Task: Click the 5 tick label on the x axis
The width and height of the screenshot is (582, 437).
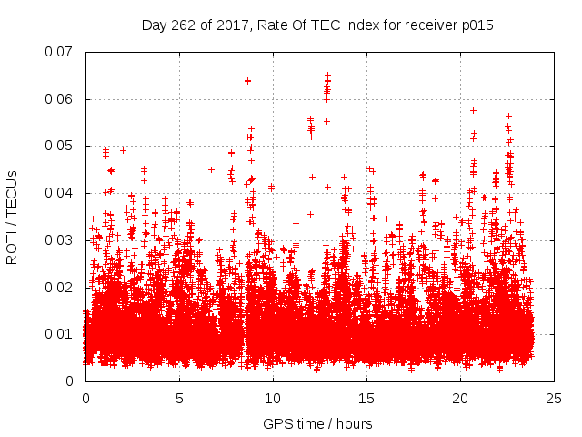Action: click(179, 399)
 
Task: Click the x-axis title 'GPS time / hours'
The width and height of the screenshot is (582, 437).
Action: click(317, 423)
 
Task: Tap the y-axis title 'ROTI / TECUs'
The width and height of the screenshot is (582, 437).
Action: click(13, 217)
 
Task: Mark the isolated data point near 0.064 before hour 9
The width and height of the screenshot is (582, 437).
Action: click(247, 81)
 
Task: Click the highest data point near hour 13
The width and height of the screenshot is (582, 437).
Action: click(327, 76)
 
